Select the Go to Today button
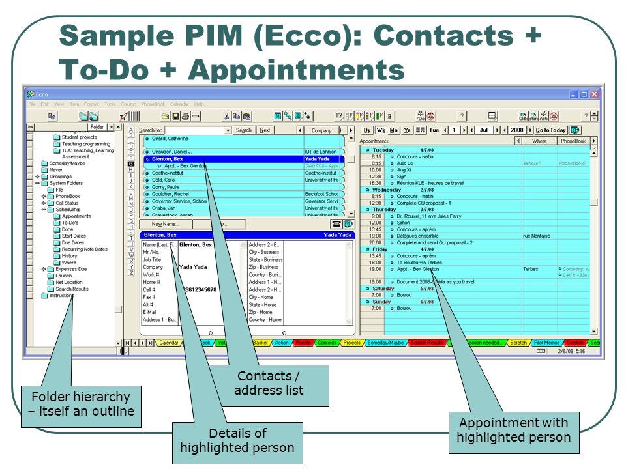[x=550, y=130]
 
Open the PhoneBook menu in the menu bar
[x=153, y=104]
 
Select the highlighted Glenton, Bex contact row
[x=222, y=159]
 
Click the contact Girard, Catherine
[x=170, y=139]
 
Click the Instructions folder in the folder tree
[x=62, y=295]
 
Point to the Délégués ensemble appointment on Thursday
[x=417, y=236]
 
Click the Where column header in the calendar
[x=539, y=141]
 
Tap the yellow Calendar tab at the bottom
[x=168, y=342]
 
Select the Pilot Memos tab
[x=546, y=342]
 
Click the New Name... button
[x=165, y=223]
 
